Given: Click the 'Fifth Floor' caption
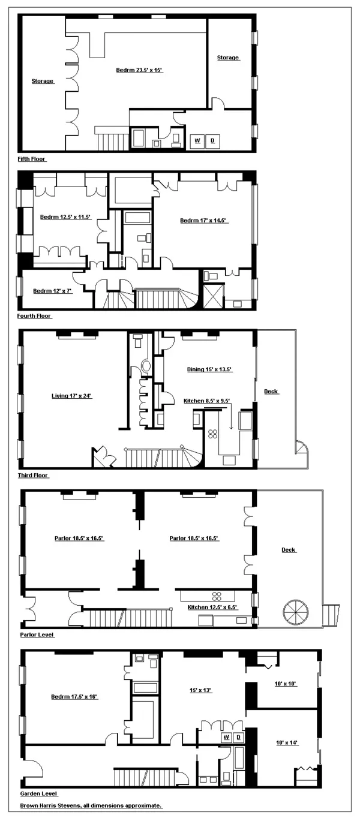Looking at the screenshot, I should pyautogui.click(x=32, y=160).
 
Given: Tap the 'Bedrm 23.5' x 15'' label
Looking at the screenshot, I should pyautogui.click(x=139, y=70).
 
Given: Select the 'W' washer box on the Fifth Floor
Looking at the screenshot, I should pyautogui.click(x=196, y=141).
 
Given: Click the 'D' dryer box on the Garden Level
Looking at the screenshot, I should pyautogui.click(x=238, y=736).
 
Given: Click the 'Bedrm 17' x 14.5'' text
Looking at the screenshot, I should pyautogui.click(x=203, y=221).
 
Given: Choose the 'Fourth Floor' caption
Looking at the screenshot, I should pyautogui.click(x=35, y=316).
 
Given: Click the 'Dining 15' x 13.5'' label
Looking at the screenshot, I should pyautogui.click(x=208, y=370).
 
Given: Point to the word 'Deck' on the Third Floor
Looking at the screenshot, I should pyautogui.click(x=271, y=392).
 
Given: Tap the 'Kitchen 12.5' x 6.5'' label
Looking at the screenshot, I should pyautogui.click(x=212, y=608).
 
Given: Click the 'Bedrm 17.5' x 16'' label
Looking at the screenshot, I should pyautogui.click(x=74, y=697).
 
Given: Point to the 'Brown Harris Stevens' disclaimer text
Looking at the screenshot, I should pyautogui.click(x=91, y=805).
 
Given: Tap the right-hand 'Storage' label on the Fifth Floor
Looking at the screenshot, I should pyautogui.click(x=228, y=58).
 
